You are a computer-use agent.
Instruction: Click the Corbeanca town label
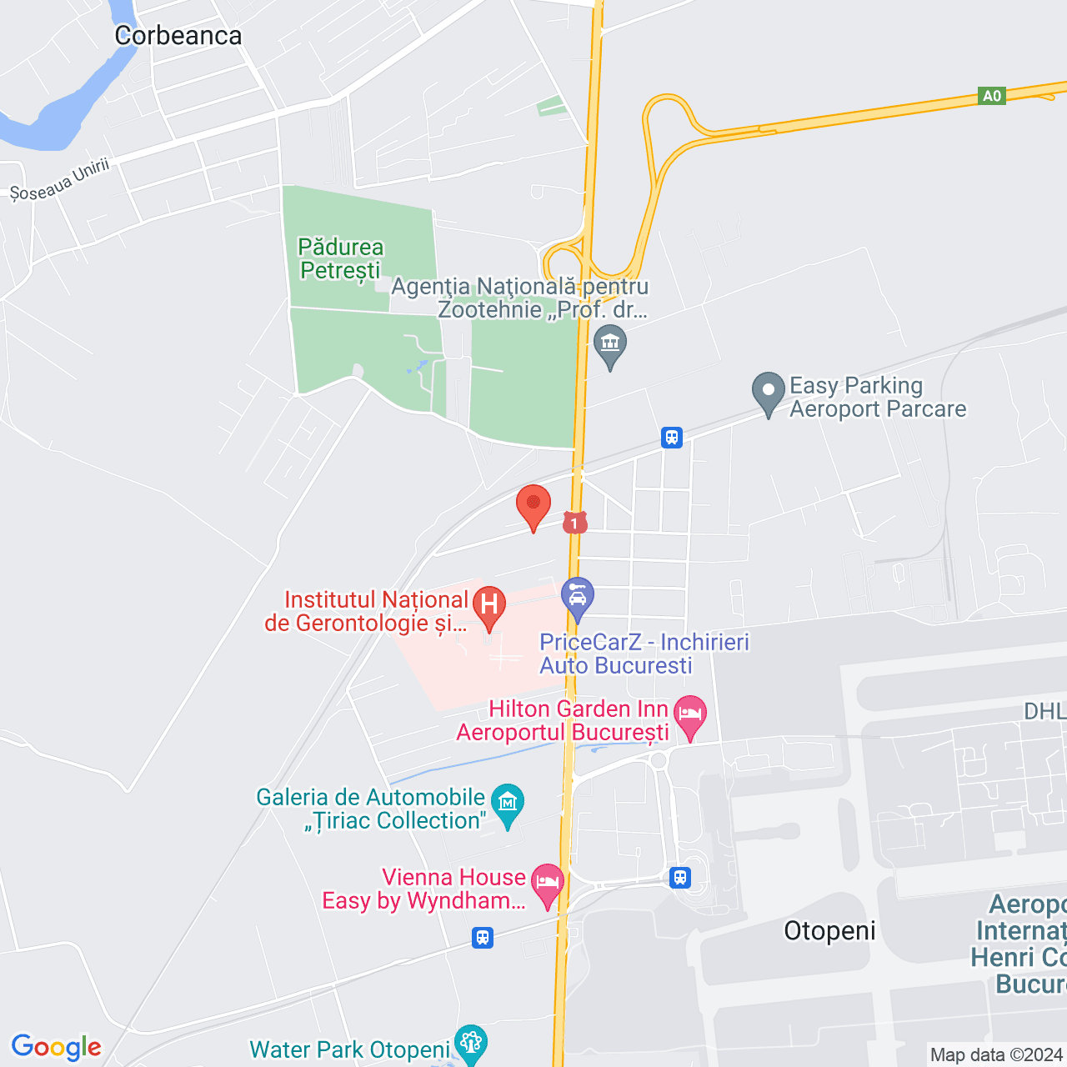[x=178, y=36]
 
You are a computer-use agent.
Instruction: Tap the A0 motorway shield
[x=991, y=96]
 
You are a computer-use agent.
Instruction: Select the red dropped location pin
[x=533, y=505]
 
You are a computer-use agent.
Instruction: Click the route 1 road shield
[x=574, y=523]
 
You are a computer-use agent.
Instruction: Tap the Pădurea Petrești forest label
[x=340, y=258]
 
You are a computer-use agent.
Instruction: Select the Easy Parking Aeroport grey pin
[x=768, y=391]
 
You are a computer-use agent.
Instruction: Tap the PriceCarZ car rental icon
[x=577, y=596]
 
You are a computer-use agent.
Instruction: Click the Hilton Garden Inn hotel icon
[x=689, y=714]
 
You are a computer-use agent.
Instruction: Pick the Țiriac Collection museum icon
[x=508, y=803]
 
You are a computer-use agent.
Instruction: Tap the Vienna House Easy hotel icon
[x=548, y=883]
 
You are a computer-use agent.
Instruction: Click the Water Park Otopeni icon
[x=471, y=1042]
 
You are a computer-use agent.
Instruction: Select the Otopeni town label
[x=829, y=931]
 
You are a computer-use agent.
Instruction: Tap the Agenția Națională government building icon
[x=610, y=343]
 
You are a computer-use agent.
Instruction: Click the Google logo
[x=57, y=1047]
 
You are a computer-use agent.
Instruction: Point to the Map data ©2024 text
[x=997, y=1055]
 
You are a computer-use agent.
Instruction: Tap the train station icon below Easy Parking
[x=672, y=437]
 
